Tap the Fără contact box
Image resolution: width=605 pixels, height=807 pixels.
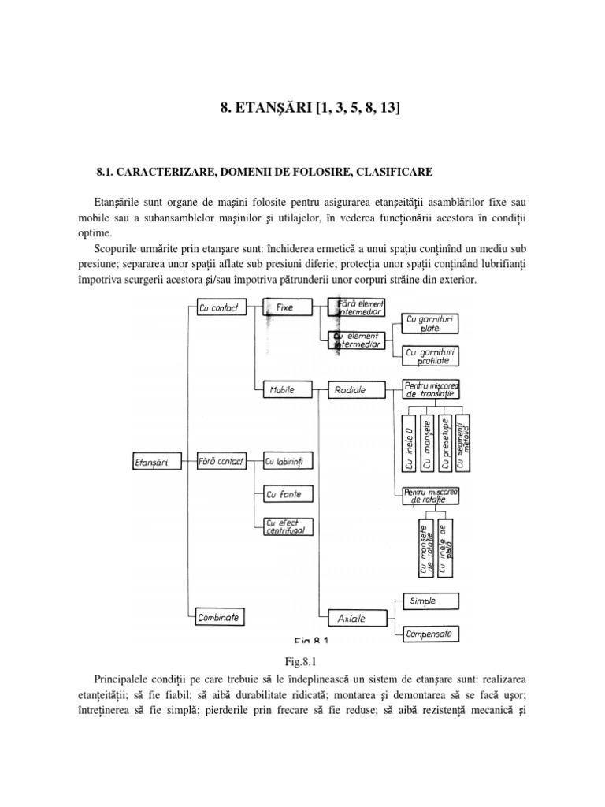coord(220,461)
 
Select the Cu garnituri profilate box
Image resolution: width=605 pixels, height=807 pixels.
coord(430,355)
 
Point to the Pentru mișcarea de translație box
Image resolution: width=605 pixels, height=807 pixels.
coord(429,389)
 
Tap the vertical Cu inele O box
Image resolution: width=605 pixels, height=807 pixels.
coord(410,442)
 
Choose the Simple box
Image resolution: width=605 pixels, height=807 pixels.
coord(430,601)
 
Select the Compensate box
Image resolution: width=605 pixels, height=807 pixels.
coord(430,633)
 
